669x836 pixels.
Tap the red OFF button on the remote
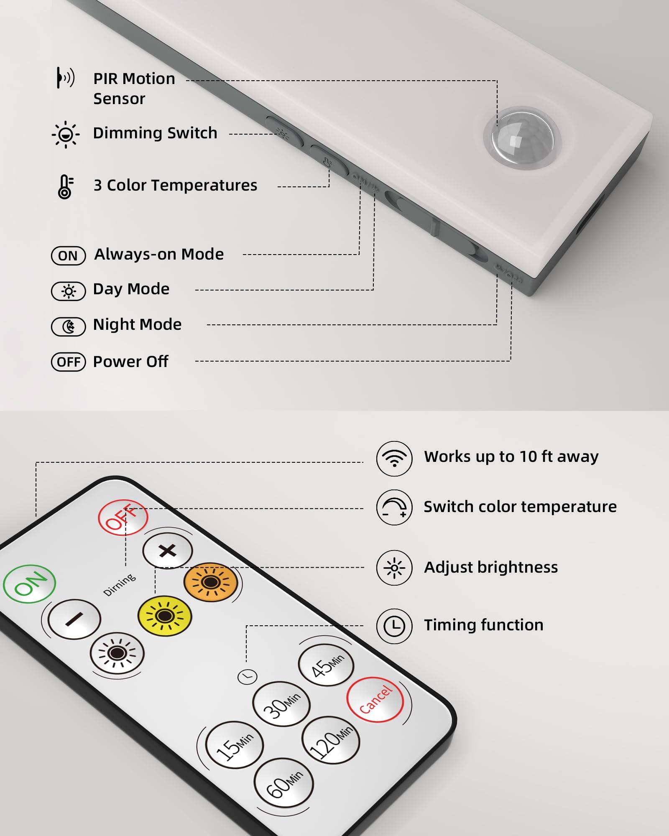tap(123, 517)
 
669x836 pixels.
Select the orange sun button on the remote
tap(211, 582)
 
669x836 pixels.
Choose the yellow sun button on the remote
tap(165, 616)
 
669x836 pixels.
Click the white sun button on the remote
tap(117, 653)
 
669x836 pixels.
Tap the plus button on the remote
tap(168, 551)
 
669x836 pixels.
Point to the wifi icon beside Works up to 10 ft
tap(394, 459)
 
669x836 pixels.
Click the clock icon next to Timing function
tap(394, 626)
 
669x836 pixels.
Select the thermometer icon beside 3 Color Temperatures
tap(65, 186)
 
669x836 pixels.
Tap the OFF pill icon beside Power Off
tap(69, 362)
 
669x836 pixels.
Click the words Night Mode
tap(137, 325)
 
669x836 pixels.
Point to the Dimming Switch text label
tap(155, 133)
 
